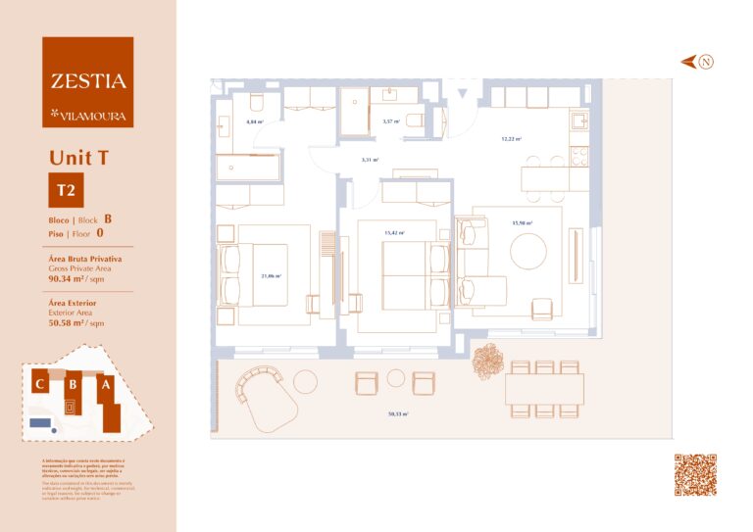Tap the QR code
point(695,475)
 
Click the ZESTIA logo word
point(87,81)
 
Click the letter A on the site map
point(105,385)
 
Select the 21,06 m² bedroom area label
point(271,276)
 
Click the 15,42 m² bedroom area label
point(394,233)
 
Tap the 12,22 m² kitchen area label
point(512,139)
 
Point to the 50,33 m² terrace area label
point(397,414)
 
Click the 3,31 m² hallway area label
point(370,160)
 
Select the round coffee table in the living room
point(529,250)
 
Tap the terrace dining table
point(544,389)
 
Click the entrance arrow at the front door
point(463,94)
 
